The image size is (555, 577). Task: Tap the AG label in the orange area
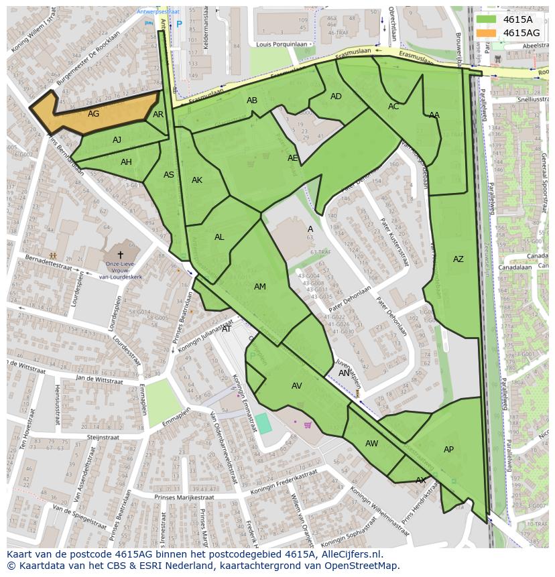(x=93, y=114)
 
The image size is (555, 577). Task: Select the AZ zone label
(x=458, y=259)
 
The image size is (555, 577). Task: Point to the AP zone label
(x=448, y=450)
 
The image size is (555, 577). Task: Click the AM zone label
(x=260, y=287)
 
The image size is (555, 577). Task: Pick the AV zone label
(x=297, y=386)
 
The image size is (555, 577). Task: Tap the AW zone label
(x=371, y=444)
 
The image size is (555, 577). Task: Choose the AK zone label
(x=197, y=180)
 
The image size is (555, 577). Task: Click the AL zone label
(x=219, y=237)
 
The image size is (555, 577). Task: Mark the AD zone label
(x=336, y=97)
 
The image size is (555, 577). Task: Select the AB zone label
(x=252, y=101)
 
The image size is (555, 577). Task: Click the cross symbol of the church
(x=121, y=255)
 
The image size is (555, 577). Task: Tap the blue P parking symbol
(x=179, y=24)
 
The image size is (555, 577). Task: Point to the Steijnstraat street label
(x=103, y=437)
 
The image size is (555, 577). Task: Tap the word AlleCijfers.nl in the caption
(x=349, y=554)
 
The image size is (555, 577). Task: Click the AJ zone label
(x=117, y=140)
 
